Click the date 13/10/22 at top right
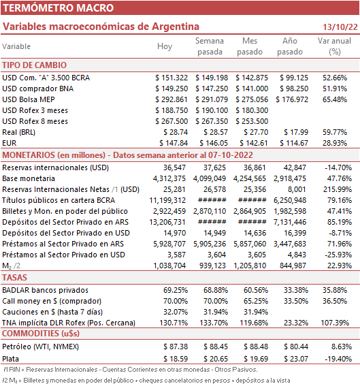(340, 27)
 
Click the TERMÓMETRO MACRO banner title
(58, 8)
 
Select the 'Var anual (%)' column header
(334, 46)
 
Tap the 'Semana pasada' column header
(210, 46)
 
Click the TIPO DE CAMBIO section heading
(35, 65)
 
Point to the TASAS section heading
(14, 278)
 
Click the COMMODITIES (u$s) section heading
(41, 334)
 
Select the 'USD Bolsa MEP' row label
(29, 99)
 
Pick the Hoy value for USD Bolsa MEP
(171, 99)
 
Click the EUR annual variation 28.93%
(335, 143)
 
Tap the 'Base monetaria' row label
(29, 178)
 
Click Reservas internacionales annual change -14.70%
(338, 167)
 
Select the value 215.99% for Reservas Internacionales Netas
(338, 189)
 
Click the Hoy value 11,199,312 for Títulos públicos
(167, 200)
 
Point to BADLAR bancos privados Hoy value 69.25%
(176, 290)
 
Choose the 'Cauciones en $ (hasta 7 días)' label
(52, 312)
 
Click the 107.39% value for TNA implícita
(335, 323)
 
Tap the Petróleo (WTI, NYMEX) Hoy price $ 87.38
(176, 347)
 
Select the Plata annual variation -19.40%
(338, 359)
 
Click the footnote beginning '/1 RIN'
(130, 370)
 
